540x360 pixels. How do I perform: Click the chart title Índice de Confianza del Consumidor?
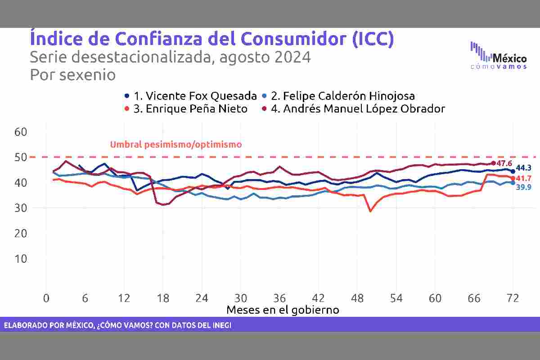click(211, 39)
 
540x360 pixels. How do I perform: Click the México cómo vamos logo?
click(498, 56)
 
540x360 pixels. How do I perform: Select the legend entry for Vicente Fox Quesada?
click(191, 96)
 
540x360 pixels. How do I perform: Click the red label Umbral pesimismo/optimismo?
click(176, 144)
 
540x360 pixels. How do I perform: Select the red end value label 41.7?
click(523, 179)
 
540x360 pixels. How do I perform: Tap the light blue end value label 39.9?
click(523, 187)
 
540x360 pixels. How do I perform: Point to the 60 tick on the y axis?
click(21, 132)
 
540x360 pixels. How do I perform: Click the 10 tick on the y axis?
click(21, 259)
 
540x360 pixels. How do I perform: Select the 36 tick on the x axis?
click(279, 298)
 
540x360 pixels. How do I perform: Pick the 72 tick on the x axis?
click(513, 298)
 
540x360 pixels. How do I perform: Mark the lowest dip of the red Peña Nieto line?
click(370, 211)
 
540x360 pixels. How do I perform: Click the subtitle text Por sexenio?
click(72, 75)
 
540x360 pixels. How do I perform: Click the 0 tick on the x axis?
click(46, 298)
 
